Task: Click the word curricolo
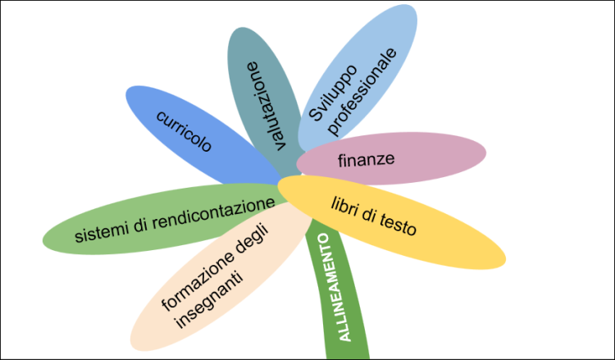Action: [184, 129]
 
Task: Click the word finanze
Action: [366, 157]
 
